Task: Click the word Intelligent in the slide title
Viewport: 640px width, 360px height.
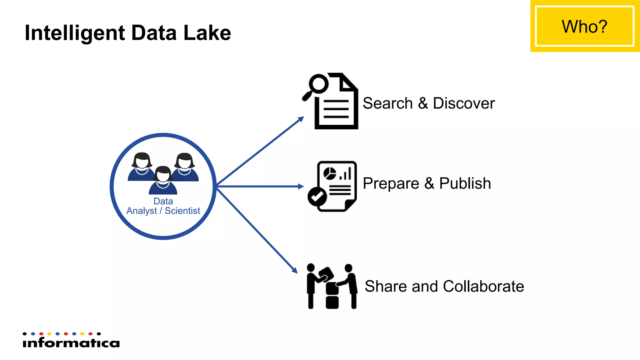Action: click(x=75, y=33)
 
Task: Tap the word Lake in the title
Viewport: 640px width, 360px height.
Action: click(x=207, y=32)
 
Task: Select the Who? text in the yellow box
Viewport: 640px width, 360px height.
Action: click(x=584, y=26)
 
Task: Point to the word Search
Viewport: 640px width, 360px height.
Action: click(x=388, y=103)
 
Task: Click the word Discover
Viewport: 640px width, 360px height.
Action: click(x=464, y=103)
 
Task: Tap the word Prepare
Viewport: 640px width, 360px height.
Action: click(x=391, y=183)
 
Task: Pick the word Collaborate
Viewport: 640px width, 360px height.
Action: click(x=483, y=286)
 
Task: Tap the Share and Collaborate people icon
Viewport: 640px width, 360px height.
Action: click(x=332, y=286)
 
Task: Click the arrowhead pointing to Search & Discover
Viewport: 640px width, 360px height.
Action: click(x=301, y=119)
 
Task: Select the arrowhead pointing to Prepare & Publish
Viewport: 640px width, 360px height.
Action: click(x=301, y=187)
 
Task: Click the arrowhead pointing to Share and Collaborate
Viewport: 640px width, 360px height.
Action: click(x=294, y=270)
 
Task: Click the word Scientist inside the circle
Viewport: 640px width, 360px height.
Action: click(x=182, y=211)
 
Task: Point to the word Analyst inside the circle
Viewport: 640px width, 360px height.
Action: click(x=142, y=211)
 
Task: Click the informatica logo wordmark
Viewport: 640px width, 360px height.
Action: click(x=71, y=343)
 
